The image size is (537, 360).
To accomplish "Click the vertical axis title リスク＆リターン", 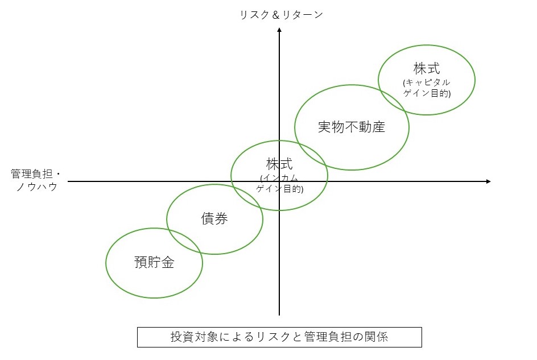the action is (281, 15).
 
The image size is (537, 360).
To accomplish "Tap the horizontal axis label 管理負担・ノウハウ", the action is (36, 180).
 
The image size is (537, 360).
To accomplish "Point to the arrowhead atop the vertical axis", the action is (279, 30).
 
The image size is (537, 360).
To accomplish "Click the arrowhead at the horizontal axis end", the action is (489, 181).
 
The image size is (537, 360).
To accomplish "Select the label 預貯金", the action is (154, 262).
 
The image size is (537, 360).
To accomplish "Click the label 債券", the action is (214, 218).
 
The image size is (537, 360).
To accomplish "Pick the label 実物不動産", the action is (352, 127).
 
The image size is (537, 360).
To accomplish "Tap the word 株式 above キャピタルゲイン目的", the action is (427, 68).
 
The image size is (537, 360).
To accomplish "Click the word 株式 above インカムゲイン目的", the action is (279, 164).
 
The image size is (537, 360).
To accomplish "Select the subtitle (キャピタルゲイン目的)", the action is (427, 88).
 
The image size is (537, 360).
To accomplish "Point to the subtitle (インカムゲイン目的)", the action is (280, 183).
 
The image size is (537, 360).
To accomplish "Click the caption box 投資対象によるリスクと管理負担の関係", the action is (279, 337).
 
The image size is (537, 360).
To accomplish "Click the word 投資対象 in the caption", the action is (194, 337).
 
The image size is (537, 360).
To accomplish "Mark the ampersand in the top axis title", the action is (276, 15).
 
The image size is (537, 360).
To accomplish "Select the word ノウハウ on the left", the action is (36, 187).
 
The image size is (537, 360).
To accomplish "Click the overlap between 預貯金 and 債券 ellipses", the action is (184, 240).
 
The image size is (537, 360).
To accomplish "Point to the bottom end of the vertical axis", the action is (279, 315).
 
